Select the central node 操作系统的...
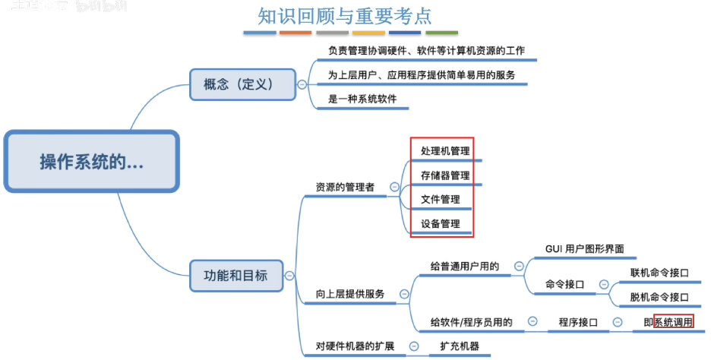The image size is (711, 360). (92, 162)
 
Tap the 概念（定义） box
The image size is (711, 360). (242, 84)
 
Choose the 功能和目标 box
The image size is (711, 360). (236, 275)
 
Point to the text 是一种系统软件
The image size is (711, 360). (362, 99)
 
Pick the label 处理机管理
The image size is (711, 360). (445, 151)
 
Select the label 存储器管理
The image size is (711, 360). (445, 175)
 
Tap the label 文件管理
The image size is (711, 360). (441, 200)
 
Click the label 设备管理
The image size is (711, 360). (441, 224)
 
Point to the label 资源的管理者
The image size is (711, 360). (345, 187)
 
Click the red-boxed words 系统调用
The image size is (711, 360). (674, 322)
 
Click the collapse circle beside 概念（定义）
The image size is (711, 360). (302, 84)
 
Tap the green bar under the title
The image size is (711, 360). (441, 33)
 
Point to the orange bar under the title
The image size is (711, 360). (295, 33)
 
